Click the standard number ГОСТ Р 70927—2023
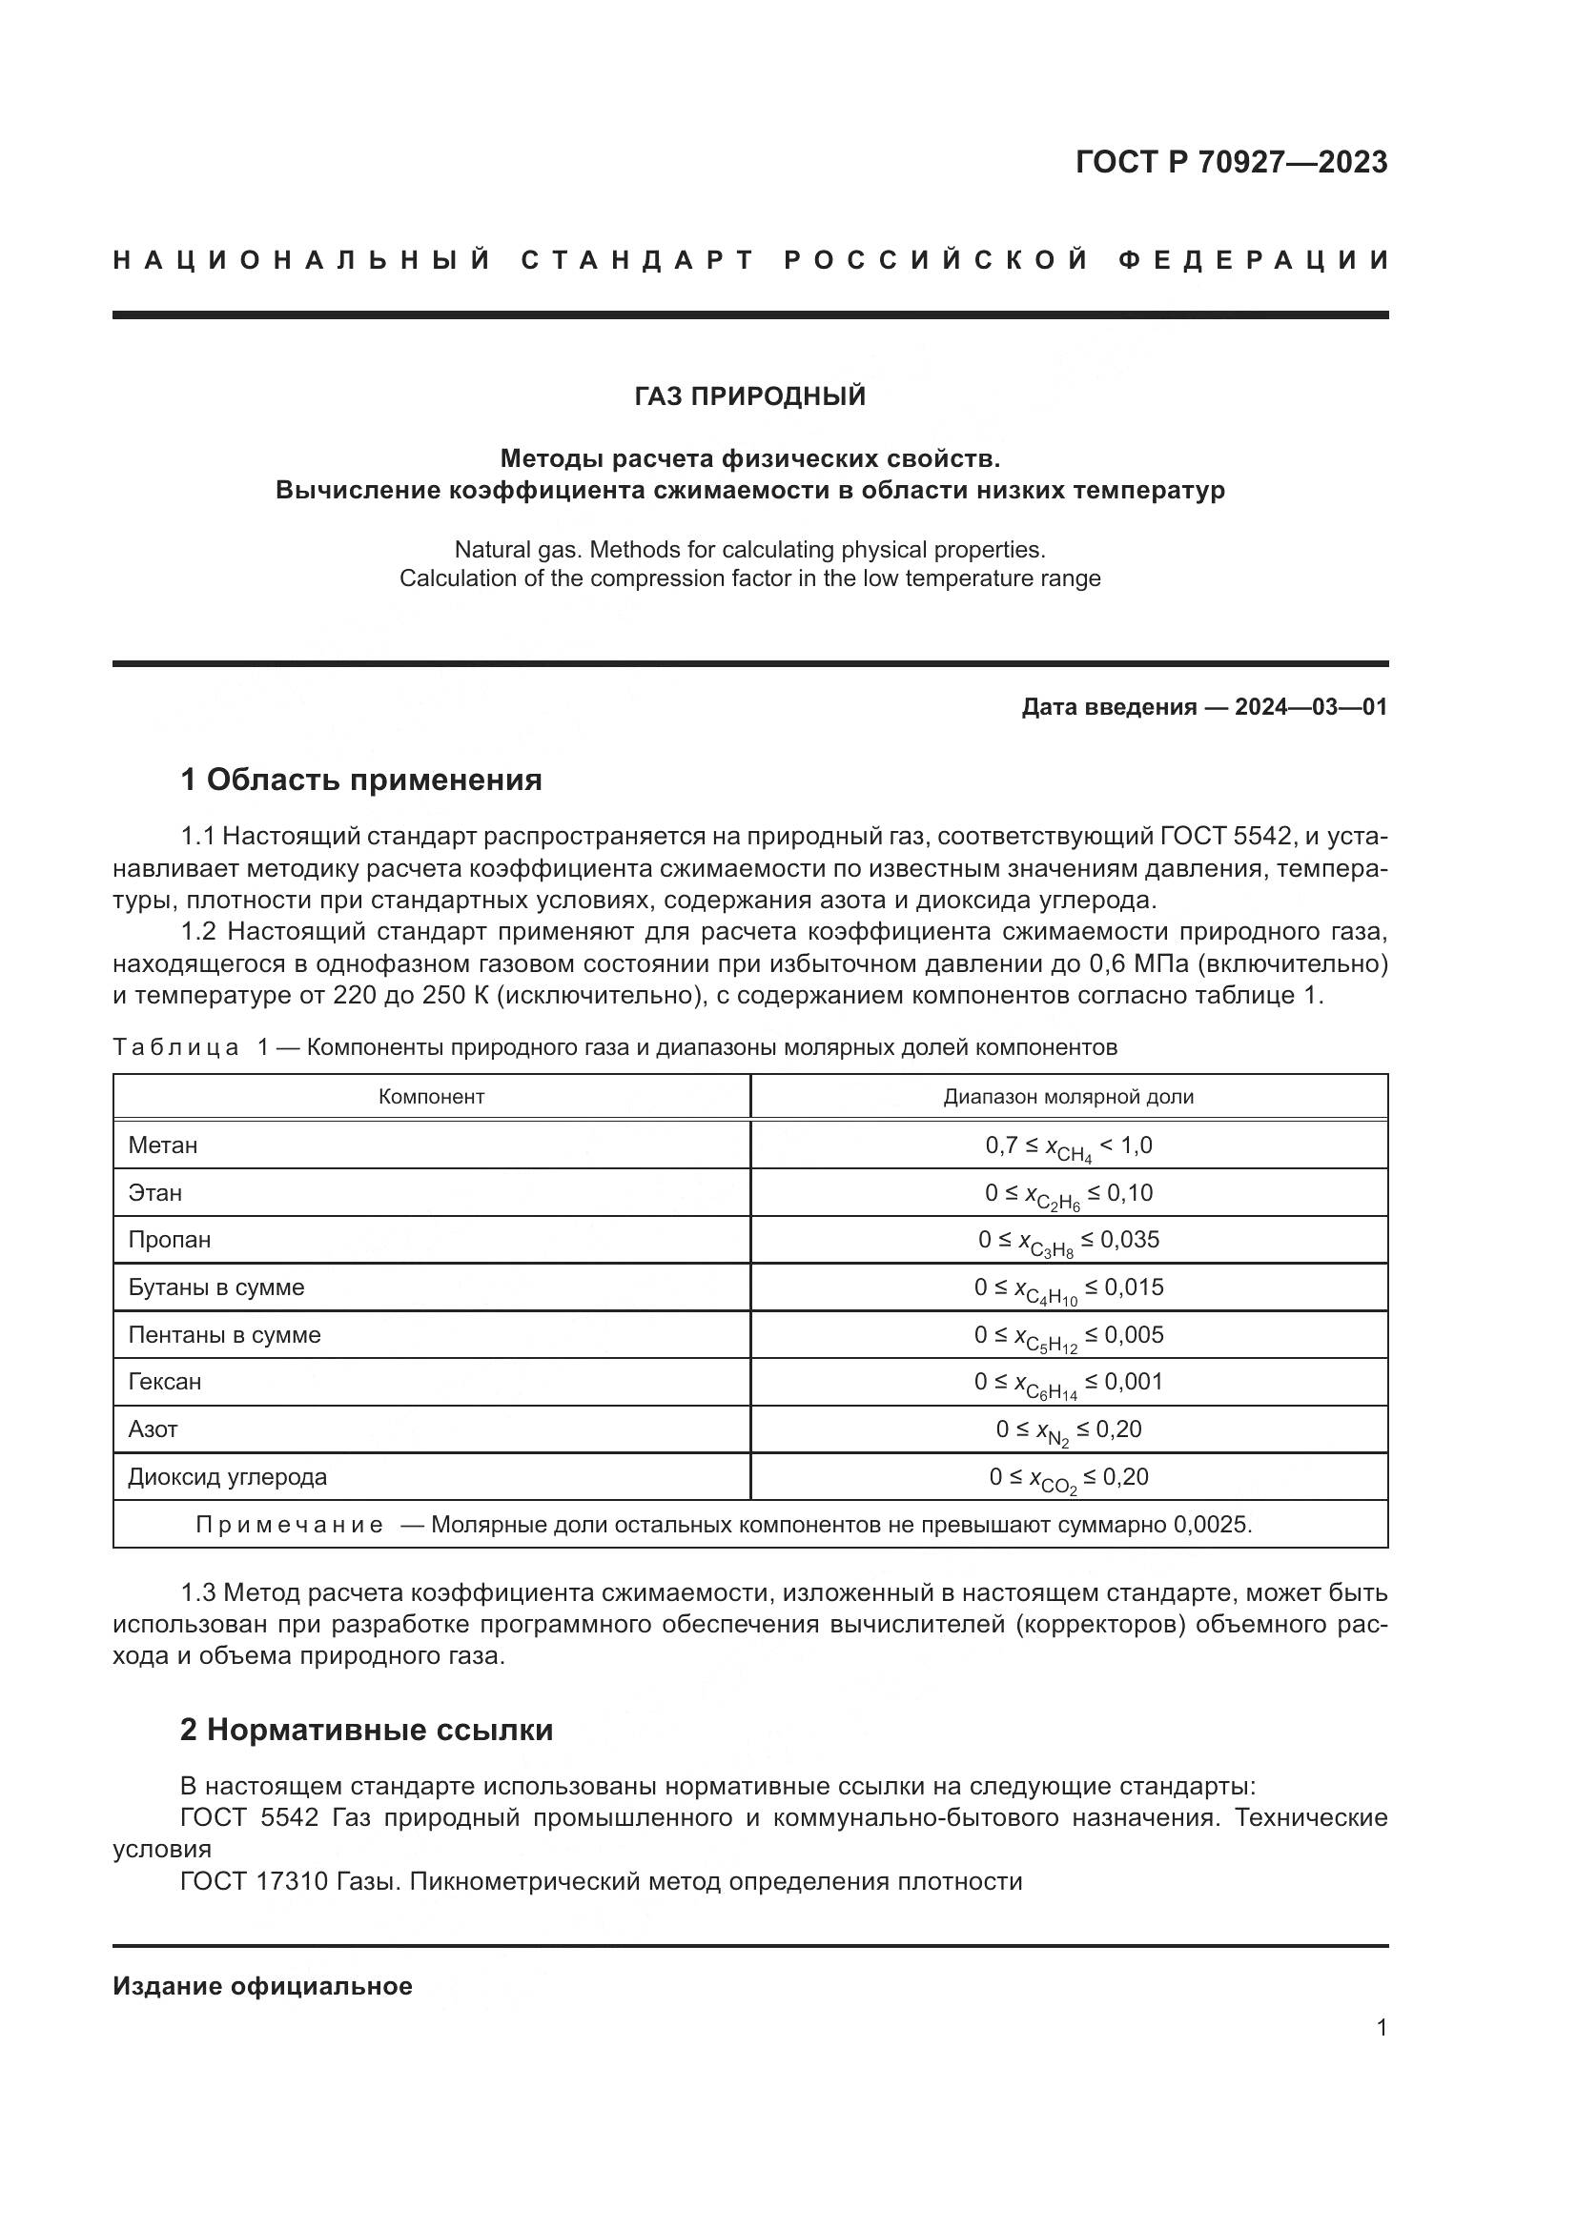1231,162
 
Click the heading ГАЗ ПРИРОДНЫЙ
749,396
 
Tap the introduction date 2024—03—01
1311,707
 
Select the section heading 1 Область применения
361,780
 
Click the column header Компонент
431,1097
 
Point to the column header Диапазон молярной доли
1068,1097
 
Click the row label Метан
163,1145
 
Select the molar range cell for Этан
1068,1194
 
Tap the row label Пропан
169,1240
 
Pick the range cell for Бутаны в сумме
1068,1288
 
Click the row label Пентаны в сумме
224,1335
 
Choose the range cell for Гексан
1068,1383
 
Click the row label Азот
154,1429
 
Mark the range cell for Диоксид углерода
1068,1478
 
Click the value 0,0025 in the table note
1210,1524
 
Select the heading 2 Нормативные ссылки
367,1730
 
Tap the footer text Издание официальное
262,1986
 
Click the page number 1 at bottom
1382,2028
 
